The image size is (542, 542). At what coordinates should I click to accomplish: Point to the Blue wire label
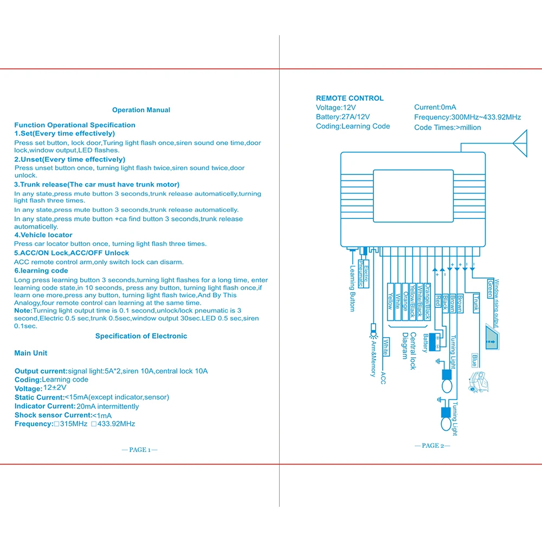point(474,360)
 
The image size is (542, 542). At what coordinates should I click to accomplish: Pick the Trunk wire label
point(475,302)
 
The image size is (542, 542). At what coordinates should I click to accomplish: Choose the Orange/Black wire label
point(428,301)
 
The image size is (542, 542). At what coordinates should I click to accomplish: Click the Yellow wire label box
point(390,301)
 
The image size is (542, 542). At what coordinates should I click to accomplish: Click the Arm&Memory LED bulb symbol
point(372,328)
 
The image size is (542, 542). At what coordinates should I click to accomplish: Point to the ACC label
point(383,378)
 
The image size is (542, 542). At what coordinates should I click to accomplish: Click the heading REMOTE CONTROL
point(350,98)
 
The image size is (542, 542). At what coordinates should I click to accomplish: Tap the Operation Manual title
point(141,110)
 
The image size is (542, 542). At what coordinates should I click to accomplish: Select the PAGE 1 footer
point(140,450)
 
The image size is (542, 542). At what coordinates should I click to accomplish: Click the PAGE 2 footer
point(433,446)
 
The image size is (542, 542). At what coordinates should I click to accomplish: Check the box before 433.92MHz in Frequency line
point(94,424)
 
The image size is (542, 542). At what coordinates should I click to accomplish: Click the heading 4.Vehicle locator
point(43,235)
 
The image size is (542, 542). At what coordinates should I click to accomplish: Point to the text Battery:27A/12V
point(343,117)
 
